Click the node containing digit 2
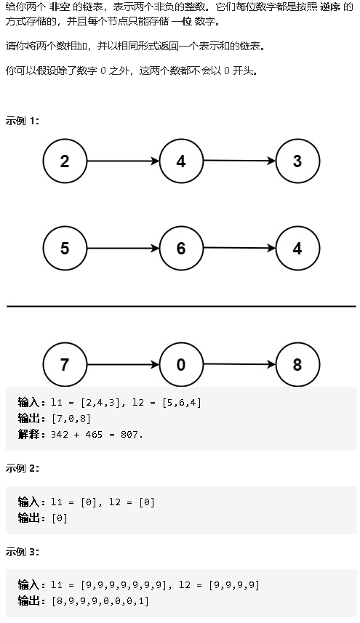click(65, 161)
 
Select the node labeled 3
click(297, 161)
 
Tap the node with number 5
click(65, 249)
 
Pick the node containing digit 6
click(181, 249)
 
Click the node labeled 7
click(65, 364)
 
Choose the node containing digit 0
click(181, 364)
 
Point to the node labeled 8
click(297, 364)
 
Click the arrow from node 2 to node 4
click(123, 161)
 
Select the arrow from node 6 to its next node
click(239, 249)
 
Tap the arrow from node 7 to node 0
click(123, 364)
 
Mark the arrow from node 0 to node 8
click(239, 364)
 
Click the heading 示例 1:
click(23, 121)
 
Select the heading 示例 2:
click(23, 468)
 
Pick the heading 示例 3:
click(23, 552)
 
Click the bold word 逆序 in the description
click(330, 7)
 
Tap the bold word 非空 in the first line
click(60, 7)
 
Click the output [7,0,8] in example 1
click(71, 419)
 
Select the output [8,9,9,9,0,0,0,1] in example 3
click(100, 601)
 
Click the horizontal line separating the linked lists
click(181, 306)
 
